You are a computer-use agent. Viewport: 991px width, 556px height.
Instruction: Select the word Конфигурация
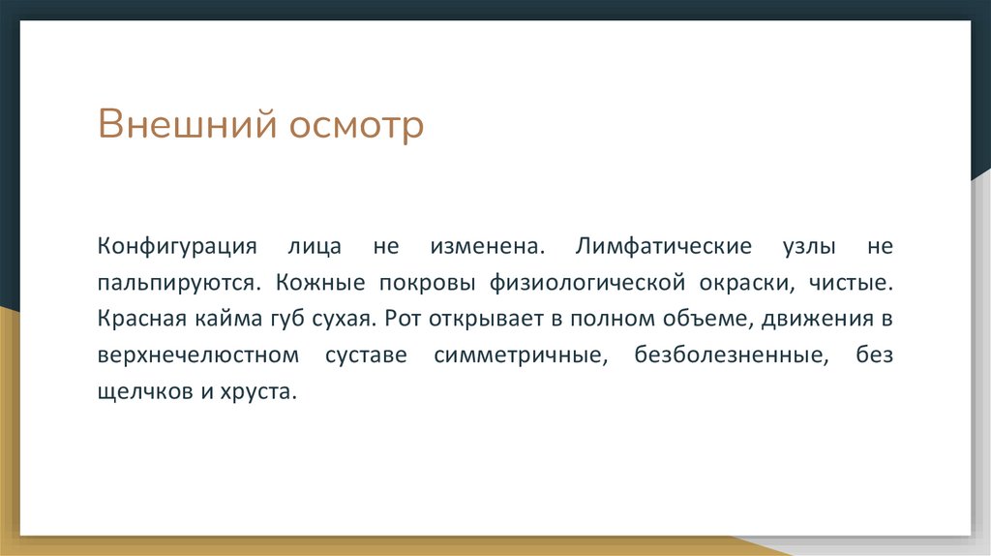point(175,246)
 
